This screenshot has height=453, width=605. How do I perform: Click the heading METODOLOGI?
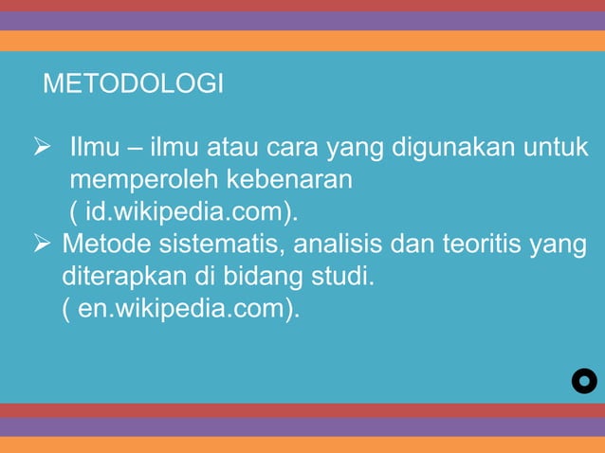[134, 84]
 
